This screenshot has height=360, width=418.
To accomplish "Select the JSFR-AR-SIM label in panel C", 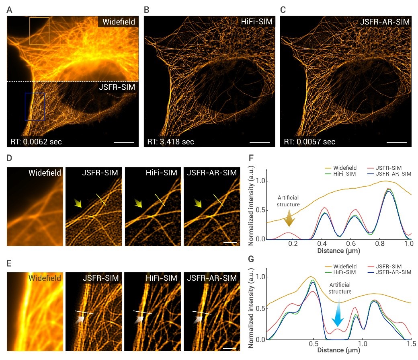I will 385,22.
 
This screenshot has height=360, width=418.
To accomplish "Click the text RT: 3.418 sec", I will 170,142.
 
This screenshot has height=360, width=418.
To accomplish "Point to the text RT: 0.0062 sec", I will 36,142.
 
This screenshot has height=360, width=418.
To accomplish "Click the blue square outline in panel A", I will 35,107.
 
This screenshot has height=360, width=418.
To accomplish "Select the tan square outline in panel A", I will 39,31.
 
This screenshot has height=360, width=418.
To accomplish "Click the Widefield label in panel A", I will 118,22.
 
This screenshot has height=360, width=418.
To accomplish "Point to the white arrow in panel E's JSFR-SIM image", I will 80,319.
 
